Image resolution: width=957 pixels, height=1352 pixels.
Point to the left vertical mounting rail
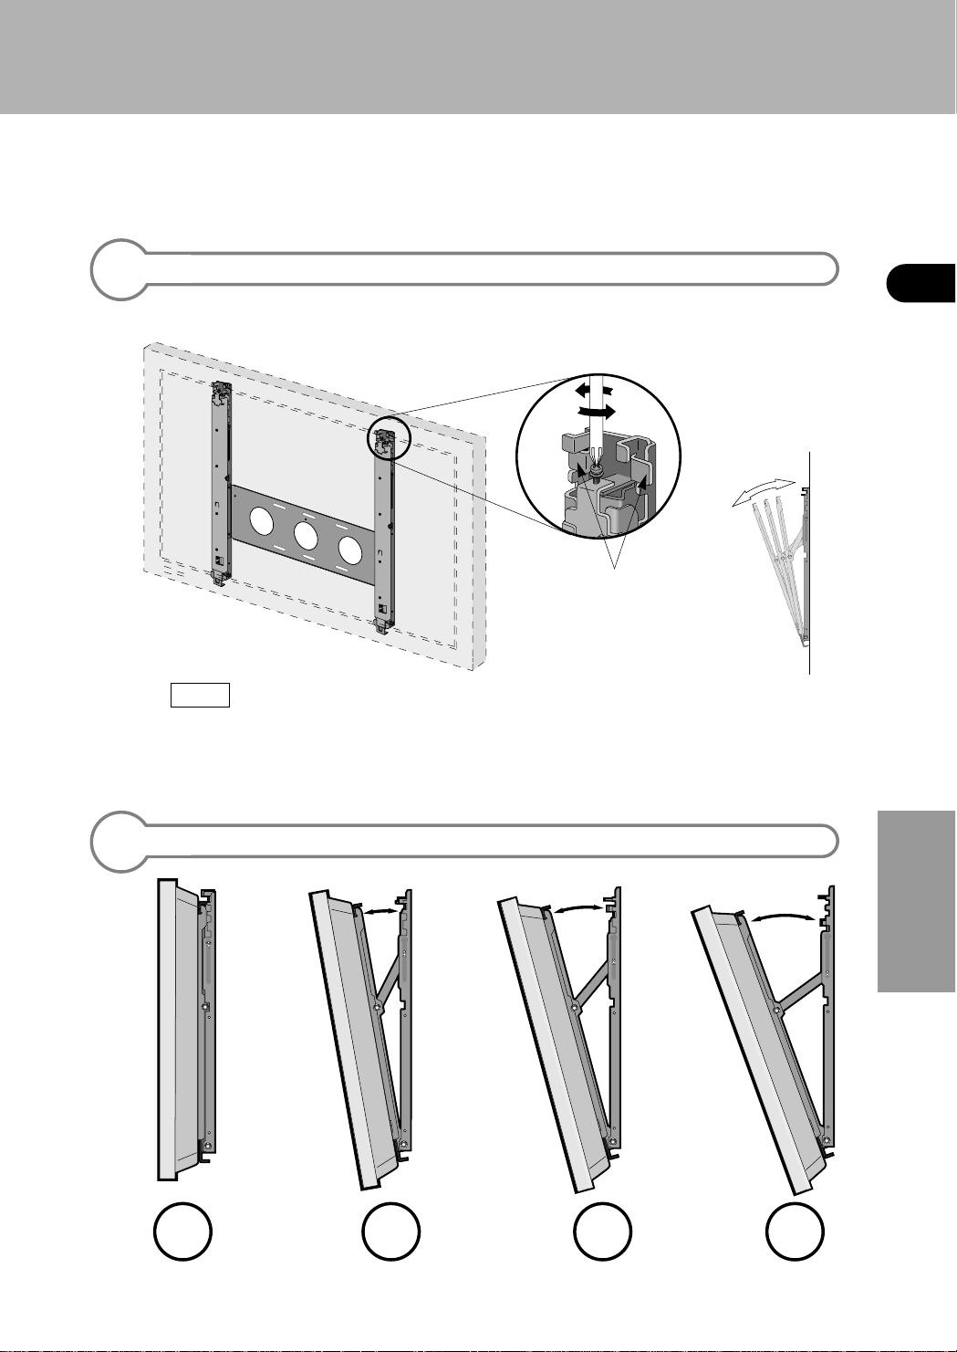(x=219, y=484)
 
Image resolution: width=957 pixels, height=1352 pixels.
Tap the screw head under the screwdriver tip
(x=595, y=470)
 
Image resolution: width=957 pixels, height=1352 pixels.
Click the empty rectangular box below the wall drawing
(x=200, y=695)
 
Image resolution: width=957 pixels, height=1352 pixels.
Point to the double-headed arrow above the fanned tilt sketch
(x=762, y=492)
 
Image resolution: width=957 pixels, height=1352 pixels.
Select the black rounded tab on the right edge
(x=921, y=282)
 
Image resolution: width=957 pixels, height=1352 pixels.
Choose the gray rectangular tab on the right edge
(x=917, y=900)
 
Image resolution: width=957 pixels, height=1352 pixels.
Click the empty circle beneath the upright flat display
(x=182, y=1231)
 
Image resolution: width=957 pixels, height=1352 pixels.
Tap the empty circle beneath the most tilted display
(x=795, y=1231)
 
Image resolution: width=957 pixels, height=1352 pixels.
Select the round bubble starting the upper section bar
(x=120, y=269)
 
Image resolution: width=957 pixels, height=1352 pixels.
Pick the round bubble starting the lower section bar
(x=120, y=841)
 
